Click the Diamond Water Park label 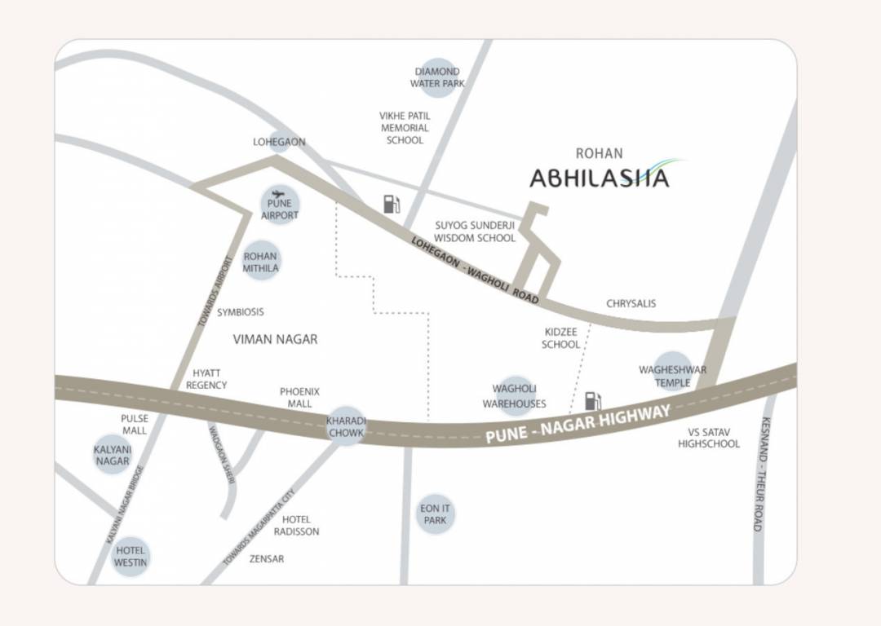pos(437,77)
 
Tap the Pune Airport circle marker pos(280,205)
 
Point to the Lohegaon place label pos(279,142)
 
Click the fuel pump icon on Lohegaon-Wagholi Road pos(392,204)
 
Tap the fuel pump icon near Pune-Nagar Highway pos(593,401)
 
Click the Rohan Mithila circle pos(261,262)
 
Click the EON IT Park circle pos(435,514)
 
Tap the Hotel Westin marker pos(131,557)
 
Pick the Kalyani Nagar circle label pos(112,456)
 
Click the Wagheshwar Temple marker pos(672,376)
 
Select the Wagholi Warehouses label pos(514,396)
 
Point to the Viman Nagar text pos(275,339)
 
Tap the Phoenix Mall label pos(299,398)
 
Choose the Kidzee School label pos(560,338)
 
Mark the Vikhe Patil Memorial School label pos(405,128)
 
